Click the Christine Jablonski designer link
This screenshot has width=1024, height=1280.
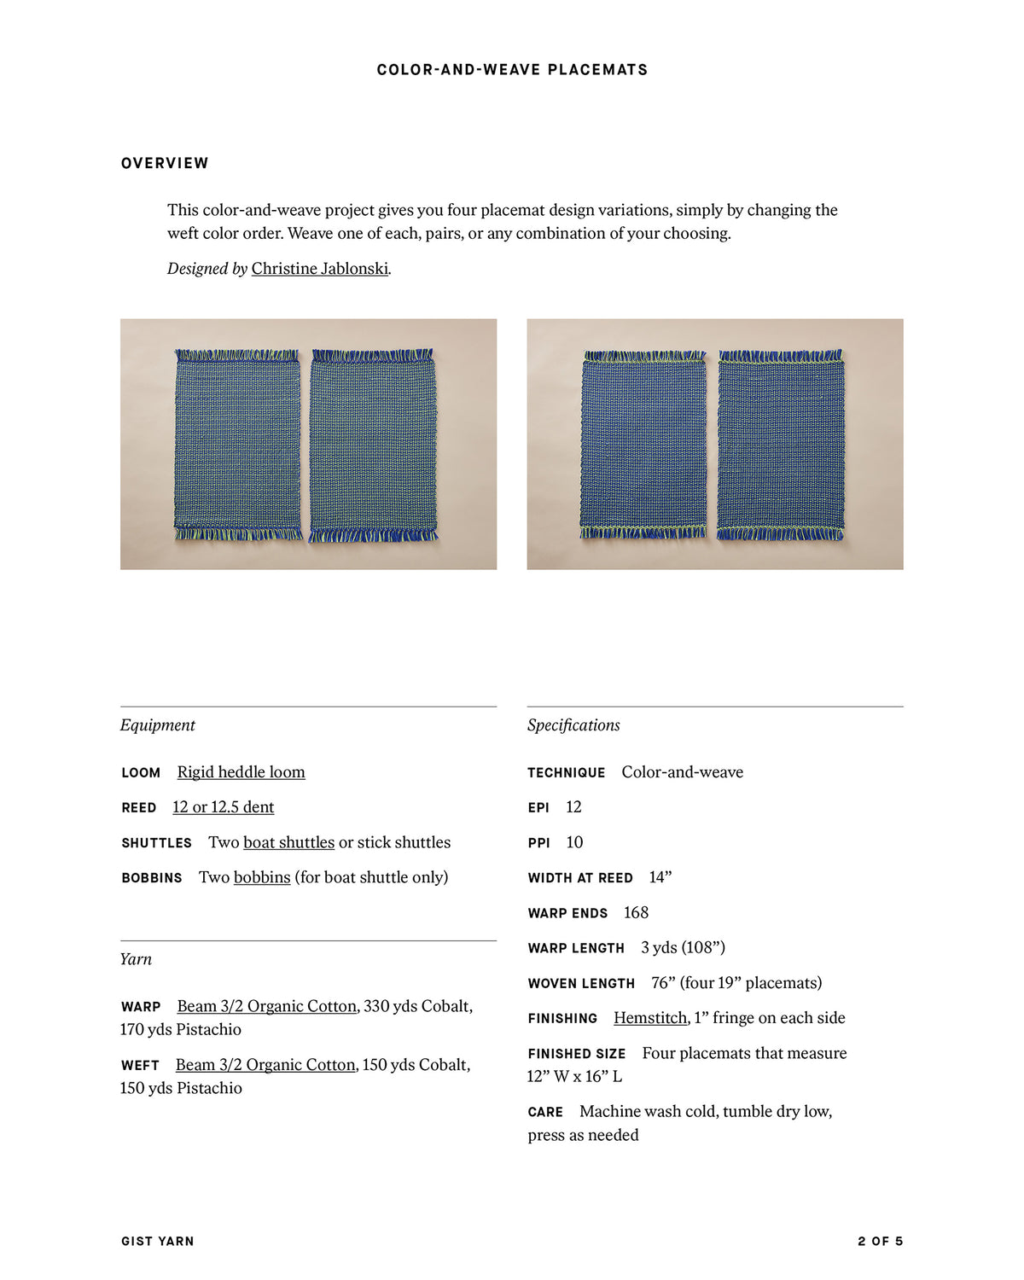320,269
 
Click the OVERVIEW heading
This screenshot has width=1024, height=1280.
165,163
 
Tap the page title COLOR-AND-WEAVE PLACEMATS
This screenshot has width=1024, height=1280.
512,70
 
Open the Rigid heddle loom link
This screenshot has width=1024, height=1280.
241,772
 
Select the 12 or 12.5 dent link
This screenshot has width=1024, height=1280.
223,807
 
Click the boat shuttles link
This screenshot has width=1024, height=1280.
288,842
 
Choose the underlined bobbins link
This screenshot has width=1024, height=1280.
262,877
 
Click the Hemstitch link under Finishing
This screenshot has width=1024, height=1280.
650,1018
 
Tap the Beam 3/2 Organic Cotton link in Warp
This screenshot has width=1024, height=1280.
266,1006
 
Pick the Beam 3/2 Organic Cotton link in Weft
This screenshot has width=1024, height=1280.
265,1065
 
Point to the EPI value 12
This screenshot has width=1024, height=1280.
573,807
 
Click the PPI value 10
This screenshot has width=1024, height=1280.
574,842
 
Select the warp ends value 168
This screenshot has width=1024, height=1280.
636,913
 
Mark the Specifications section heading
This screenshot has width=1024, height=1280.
573,725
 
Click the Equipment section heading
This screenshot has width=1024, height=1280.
158,725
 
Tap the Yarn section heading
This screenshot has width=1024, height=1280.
136,959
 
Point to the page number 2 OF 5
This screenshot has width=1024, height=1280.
880,1242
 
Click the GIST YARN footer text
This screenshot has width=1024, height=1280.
158,1242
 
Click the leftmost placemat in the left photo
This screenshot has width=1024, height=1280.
238,445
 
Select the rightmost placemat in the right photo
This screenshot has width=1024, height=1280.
780,445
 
